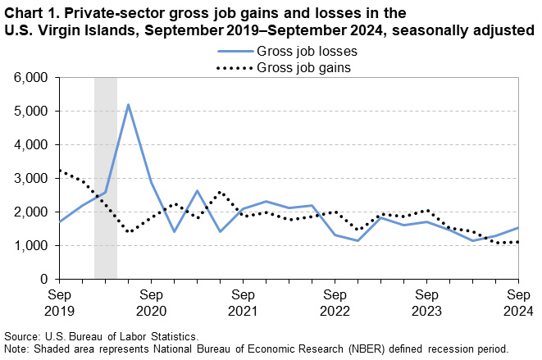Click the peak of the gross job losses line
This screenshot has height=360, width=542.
[x=128, y=105]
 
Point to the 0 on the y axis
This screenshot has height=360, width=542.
[x=46, y=279]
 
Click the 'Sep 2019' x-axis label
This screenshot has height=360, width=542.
[x=59, y=301]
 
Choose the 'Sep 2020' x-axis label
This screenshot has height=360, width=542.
[x=151, y=301]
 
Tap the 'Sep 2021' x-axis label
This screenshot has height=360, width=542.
[x=243, y=301]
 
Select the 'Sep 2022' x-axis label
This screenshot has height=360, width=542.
[x=335, y=301]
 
